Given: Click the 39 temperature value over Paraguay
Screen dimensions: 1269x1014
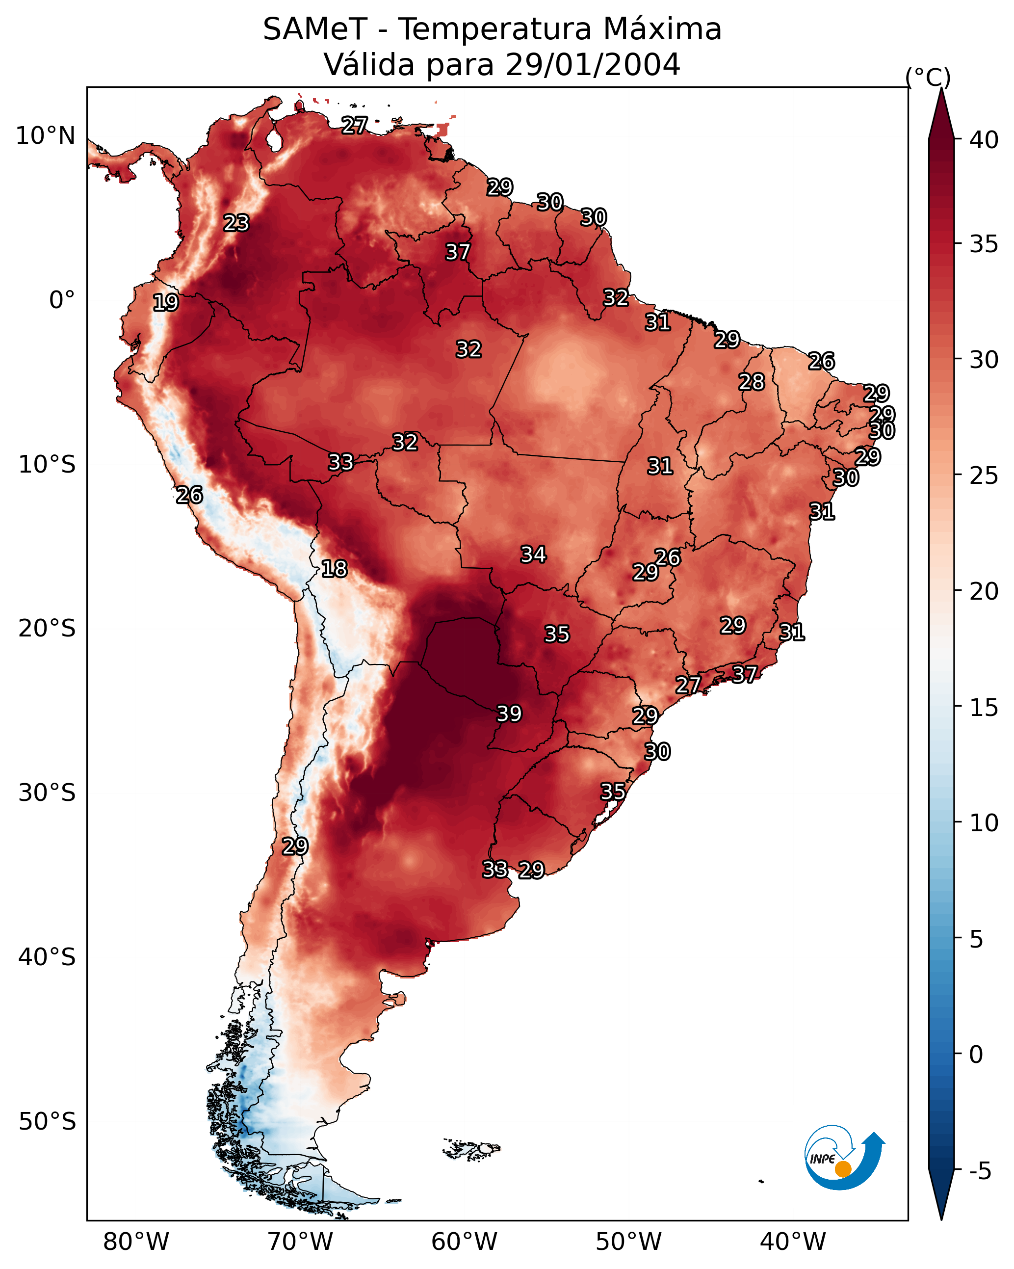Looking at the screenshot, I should coord(509,714).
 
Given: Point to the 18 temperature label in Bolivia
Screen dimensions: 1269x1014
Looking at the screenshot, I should coord(334,569).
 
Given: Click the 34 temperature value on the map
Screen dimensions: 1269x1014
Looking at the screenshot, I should coord(533,554).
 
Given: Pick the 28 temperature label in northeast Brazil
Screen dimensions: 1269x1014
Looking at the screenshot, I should coord(752,382).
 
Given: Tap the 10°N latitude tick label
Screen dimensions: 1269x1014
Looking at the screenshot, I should coord(45,136).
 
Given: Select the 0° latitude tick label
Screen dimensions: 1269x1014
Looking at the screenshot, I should coord(62,300).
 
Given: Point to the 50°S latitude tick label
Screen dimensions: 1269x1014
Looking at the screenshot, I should coord(47,1122).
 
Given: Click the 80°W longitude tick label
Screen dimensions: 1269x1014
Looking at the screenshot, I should coord(136,1242).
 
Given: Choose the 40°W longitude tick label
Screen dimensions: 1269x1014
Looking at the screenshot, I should coord(793,1242).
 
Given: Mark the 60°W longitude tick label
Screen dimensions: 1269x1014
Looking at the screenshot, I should coord(465,1242).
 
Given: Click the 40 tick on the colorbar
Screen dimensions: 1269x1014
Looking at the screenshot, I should coord(984,140).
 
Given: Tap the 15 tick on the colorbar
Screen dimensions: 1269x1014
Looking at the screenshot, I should coord(984,708).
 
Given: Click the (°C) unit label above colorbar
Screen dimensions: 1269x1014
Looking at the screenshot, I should coord(928,77).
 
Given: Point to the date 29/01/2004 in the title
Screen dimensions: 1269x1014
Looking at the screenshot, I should coord(593,64).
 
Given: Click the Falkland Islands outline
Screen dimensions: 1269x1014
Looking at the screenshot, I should coord(472,1148).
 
